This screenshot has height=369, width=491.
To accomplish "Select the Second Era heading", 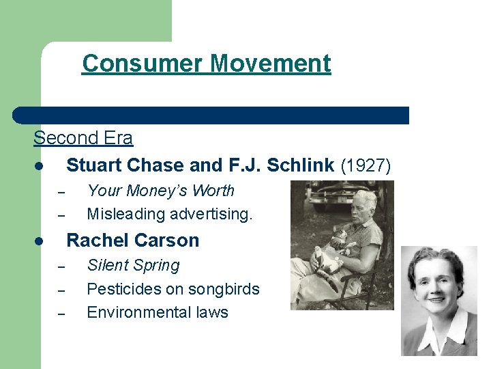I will (x=83, y=138).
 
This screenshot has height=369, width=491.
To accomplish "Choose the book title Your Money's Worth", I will (x=160, y=191).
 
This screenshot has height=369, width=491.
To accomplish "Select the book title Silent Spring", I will (x=133, y=265).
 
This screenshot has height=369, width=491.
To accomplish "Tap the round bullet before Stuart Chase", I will (x=41, y=167).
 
